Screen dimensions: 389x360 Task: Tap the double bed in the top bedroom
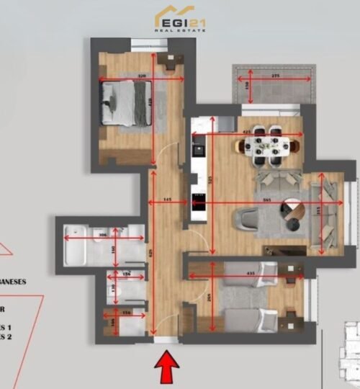point(122,102)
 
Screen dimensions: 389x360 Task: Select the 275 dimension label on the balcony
point(274,76)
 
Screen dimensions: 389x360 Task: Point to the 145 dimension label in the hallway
point(167,198)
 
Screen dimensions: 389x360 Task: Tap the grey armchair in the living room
point(248,218)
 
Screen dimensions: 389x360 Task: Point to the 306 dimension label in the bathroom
point(102,236)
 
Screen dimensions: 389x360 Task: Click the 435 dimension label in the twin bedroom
point(251,274)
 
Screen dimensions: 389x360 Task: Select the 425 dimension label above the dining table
point(247,132)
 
